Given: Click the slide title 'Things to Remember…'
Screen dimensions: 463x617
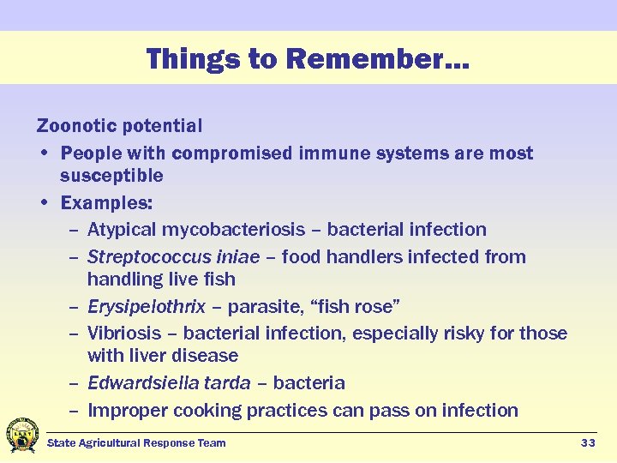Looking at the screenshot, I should coord(308,59).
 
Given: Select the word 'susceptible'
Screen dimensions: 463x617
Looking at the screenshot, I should coord(111,176).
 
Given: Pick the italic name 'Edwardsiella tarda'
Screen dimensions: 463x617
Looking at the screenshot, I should coord(168,383).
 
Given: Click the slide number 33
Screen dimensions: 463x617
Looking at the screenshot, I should coord(588,442).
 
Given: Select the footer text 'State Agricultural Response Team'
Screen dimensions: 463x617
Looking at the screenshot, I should coord(136,442).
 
